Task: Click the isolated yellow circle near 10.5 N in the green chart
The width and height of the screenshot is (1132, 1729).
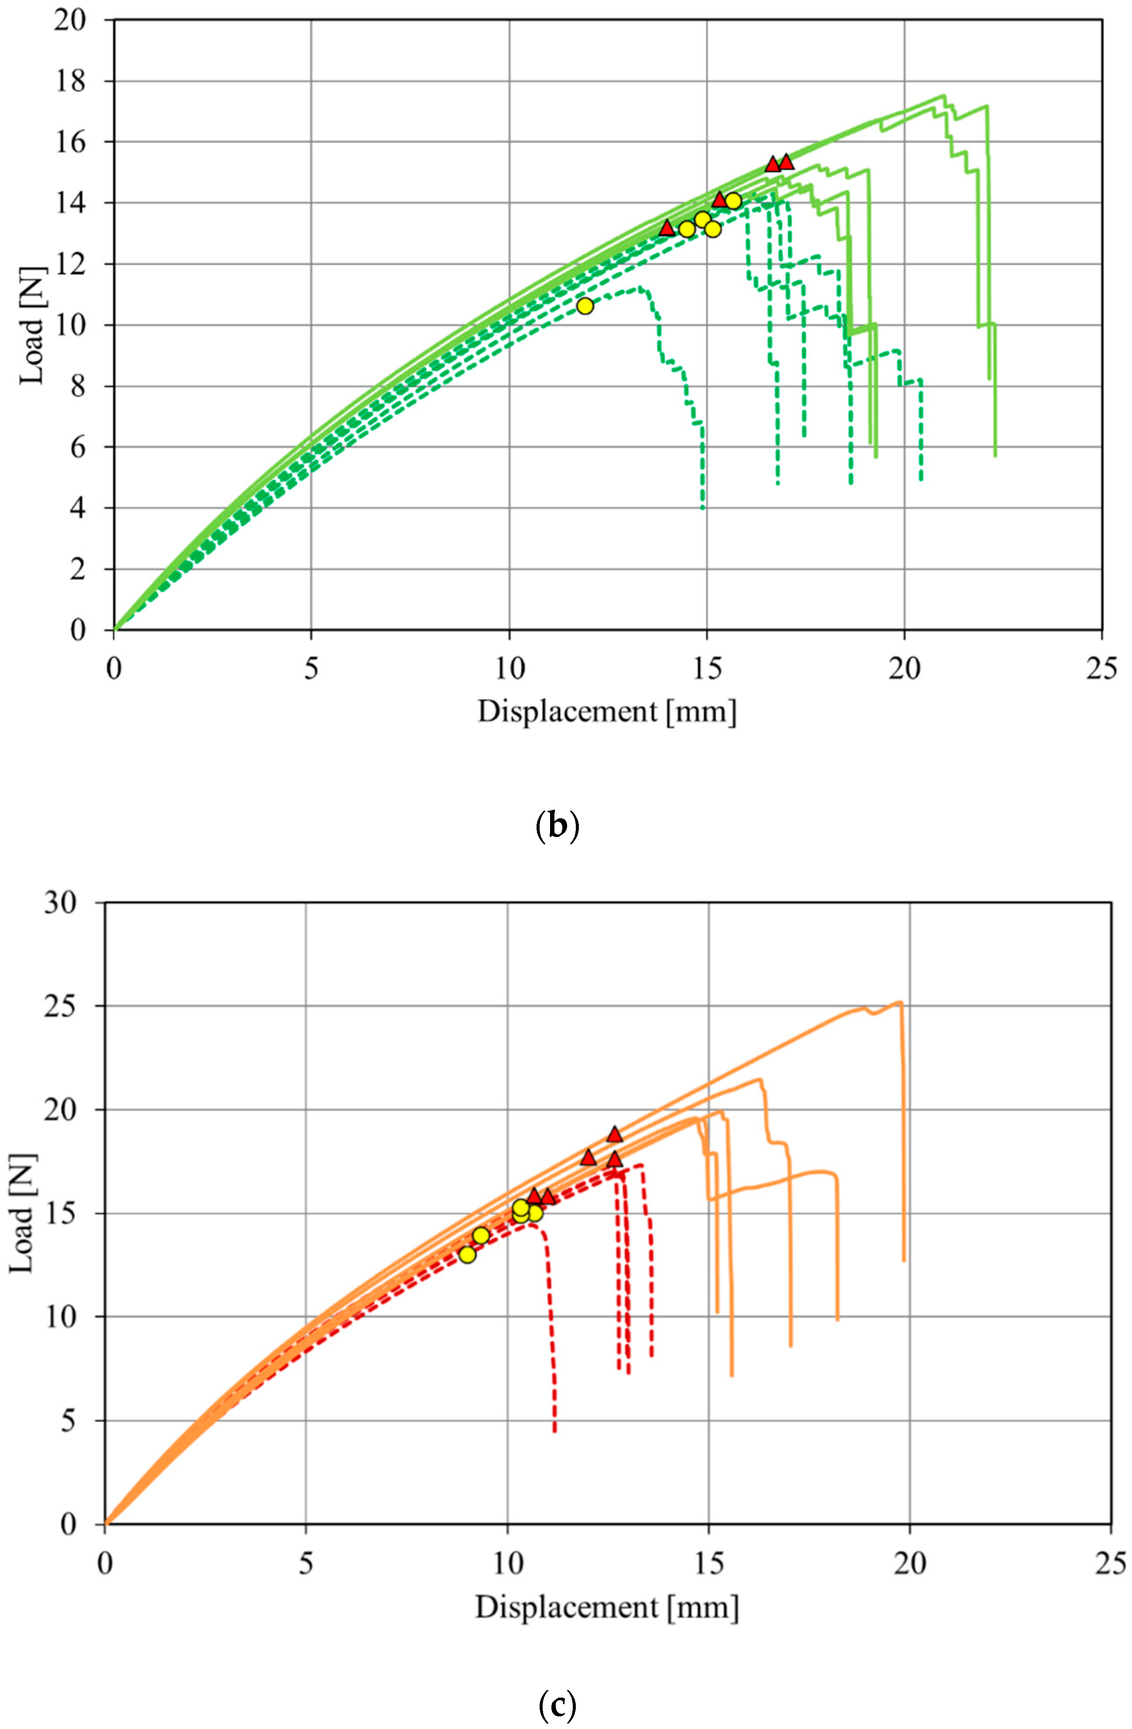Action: click(x=585, y=306)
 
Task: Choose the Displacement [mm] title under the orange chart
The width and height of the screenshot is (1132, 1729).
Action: click(x=607, y=1607)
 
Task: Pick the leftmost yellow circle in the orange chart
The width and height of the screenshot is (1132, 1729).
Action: click(x=467, y=1254)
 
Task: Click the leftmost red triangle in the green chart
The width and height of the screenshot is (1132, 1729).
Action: click(x=667, y=228)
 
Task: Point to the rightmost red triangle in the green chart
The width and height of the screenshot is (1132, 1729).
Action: click(x=786, y=162)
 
